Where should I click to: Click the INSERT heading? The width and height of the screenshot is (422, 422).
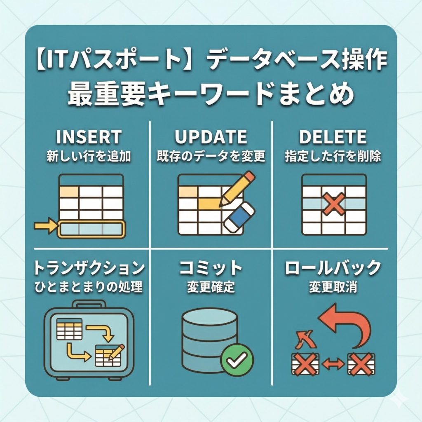(x=89, y=137)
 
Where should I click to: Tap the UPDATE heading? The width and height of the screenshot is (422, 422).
(x=211, y=137)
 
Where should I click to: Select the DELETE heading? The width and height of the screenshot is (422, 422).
(x=333, y=137)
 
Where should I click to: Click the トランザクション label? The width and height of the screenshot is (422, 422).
(x=89, y=268)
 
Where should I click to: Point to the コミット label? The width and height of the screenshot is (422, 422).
(x=211, y=268)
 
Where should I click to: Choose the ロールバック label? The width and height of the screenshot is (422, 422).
(x=333, y=268)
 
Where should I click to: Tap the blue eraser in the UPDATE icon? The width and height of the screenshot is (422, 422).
(x=239, y=218)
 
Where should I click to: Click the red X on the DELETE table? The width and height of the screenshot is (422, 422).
(x=334, y=204)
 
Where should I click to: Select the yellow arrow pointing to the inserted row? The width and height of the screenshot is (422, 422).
(x=45, y=225)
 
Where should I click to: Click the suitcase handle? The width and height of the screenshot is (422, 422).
(x=89, y=304)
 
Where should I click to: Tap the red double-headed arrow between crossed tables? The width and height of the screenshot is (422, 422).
(x=333, y=364)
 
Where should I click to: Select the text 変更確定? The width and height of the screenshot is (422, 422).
(x=211, y=287)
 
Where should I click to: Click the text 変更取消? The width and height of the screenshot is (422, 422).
(x=333, y=287)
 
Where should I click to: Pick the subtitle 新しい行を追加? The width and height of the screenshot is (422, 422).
(x=89, y=156)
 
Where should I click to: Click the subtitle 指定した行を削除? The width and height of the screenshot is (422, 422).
(x=333, y=156)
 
